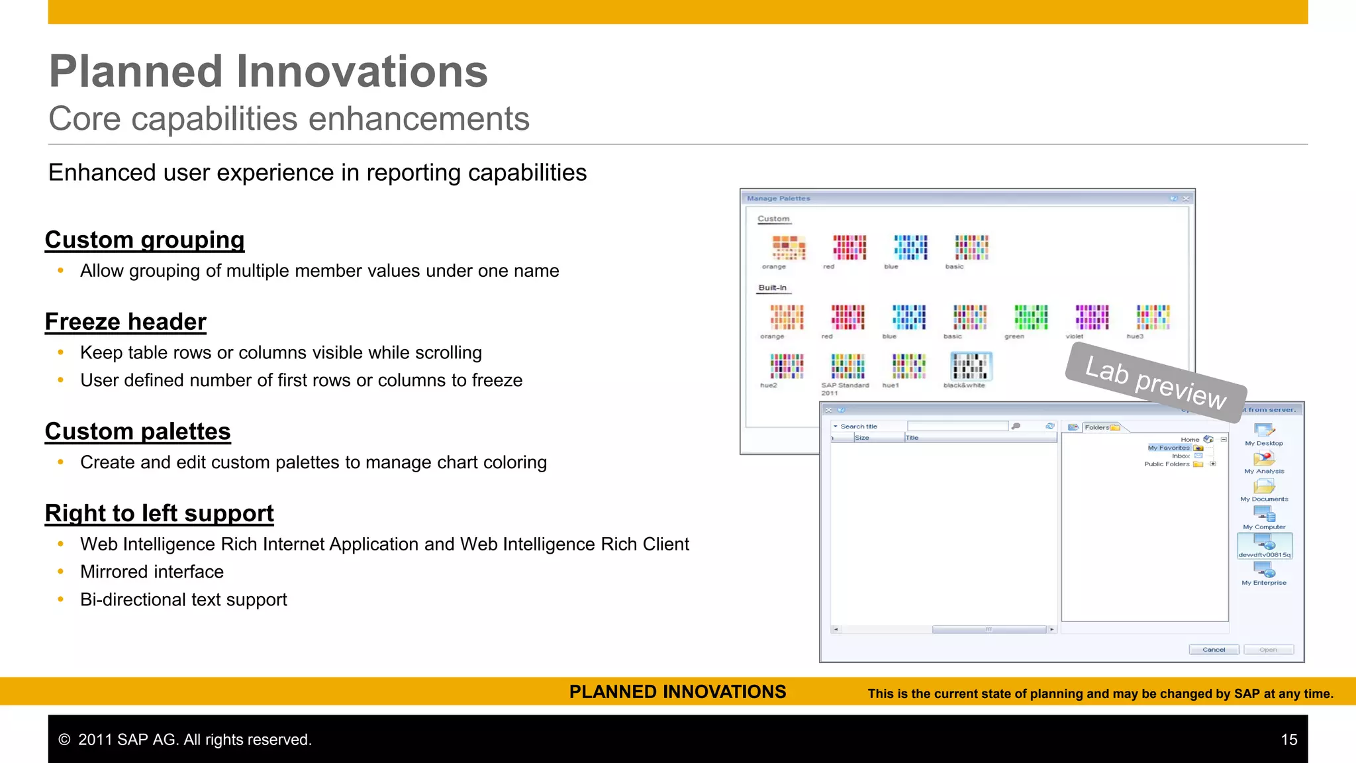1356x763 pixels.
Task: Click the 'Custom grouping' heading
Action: [144, 240]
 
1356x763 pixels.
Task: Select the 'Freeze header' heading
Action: [126, 322]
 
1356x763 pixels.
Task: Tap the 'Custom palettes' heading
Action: [138, 431]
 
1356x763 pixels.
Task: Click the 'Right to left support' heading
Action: [159, 513]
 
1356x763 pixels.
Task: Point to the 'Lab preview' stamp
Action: [1155, 383]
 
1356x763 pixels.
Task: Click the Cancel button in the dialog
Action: [1214, 650]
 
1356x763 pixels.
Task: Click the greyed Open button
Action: [1268, 650]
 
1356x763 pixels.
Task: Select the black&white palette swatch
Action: [971, 366]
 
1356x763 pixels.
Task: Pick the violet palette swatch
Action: [1092, 317]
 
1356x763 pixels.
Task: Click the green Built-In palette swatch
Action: [1031, 317]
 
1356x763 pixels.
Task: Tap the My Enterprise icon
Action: [1264, 570]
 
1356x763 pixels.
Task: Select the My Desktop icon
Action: [1264, 431]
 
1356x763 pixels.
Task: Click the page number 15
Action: [1288, 740]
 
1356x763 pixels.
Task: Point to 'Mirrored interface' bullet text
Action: [152, 572]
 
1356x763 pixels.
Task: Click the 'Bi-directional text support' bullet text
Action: [183, 599]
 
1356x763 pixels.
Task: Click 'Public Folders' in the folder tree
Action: [1167, 464]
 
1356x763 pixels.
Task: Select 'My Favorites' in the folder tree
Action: [1169, 448]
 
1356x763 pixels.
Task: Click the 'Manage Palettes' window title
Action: [779, 198]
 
